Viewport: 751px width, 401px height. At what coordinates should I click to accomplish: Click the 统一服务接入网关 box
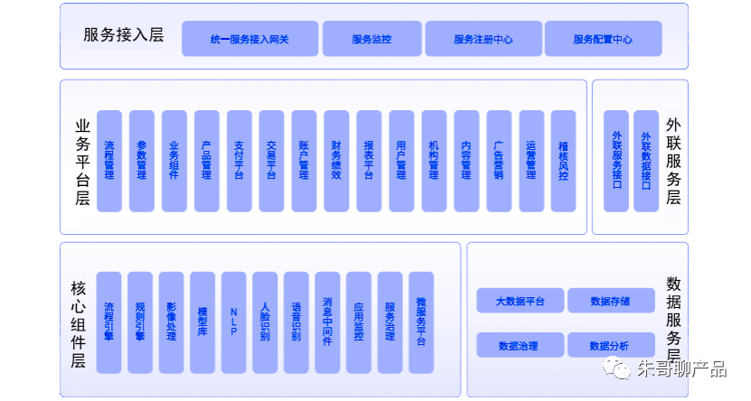pyautogui.click(x=249, y=40)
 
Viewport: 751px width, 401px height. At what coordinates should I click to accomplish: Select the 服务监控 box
pyautogui.click(x=371, y=40)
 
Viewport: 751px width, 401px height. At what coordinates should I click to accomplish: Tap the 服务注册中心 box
pyautogui.click(x=483, y=40)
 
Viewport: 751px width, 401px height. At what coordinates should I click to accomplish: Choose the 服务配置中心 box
pyautogui.click(x=603, y=40)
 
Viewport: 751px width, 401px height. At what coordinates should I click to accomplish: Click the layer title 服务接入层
pyautogui.click(x=123, y=36)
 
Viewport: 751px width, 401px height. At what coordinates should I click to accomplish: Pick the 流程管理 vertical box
pyautogui.click(x=109, y=161)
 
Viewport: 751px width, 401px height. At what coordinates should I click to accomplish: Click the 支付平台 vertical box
pyautogui.click(x=239, y=161)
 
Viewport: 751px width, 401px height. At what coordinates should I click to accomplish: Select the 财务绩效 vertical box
pyautogui.click(x=336, y=161)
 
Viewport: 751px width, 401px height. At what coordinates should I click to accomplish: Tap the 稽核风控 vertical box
pyautogui.click(x=563, y=161)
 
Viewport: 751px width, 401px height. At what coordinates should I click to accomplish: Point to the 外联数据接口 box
pyautogui.click(x=645, y=161)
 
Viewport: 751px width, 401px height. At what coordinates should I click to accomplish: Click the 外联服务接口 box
pyautogui.click(x=617, y=161)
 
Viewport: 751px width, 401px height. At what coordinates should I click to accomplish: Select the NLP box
pyautogui.click(x=233, y=322)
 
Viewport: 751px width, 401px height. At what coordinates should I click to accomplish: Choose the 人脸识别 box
pyautogui.click(x=265, y=322)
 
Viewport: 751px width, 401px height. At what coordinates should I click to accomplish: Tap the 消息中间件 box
pyautogui.click(x=327, y=322)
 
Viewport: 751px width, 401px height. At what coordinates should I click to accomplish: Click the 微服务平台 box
pyautogui.click(x=421, y=322)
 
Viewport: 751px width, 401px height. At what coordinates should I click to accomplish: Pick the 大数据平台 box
pyautogui.click(x=520, y=301)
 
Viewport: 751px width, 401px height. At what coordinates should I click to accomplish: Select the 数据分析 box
pyautogui.click(x=609, y=345)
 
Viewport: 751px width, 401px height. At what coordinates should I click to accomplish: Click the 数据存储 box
pyautogui.click(x=609, y=301)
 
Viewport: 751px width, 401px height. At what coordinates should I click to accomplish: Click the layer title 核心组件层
pyautogui.click(x=78, y=322)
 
